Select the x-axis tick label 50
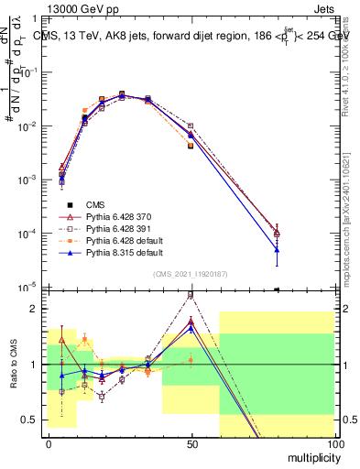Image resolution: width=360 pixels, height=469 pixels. (x=191, y=443)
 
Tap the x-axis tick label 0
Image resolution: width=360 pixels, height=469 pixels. (x=49, y=443)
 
